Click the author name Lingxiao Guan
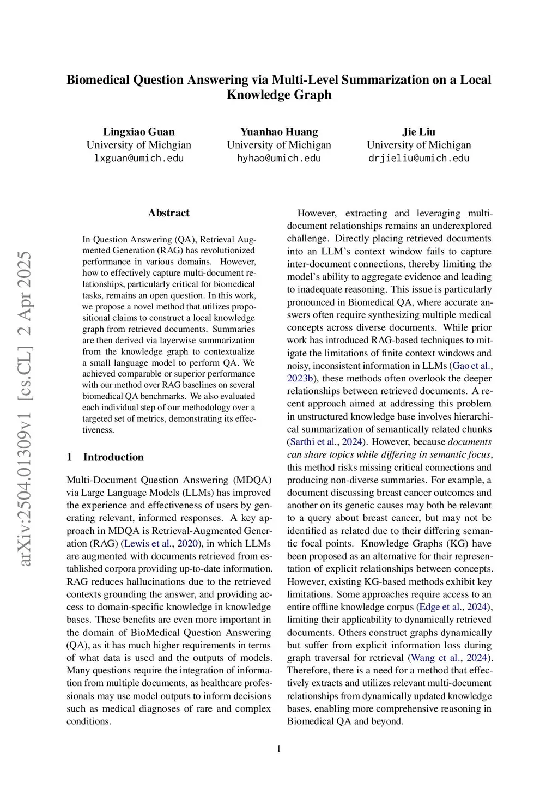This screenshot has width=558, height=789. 139,132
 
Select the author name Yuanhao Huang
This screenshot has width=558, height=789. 279,132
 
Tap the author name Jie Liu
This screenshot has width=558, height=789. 418,132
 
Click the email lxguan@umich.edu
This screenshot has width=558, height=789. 139,159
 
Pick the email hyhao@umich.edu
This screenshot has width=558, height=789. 279,159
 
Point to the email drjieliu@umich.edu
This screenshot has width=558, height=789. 418,159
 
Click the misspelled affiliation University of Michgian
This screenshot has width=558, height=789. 139,145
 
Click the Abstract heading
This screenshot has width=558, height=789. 168,213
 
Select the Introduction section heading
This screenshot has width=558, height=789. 113,457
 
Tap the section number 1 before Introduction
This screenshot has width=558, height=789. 69,457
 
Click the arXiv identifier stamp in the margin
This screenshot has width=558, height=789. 25,409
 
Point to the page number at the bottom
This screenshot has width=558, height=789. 279,749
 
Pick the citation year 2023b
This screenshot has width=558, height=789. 300,379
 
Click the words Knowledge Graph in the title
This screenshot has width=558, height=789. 279,95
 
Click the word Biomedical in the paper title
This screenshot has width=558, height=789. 99,80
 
